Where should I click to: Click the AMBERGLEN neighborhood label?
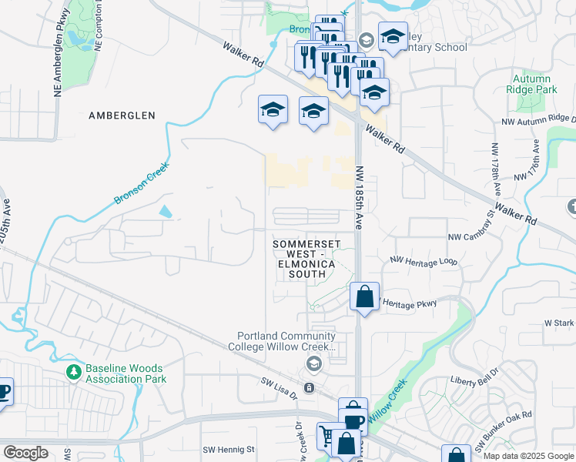pos(122,115)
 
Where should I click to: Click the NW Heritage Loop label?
pos(424,262)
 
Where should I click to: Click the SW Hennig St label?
pos(228,449)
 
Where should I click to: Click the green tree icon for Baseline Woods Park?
pos(74,372)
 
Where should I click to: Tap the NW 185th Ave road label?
pos(359,196)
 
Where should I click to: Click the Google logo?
pos(25,453)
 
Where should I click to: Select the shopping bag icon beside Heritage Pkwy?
pos(364,296)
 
